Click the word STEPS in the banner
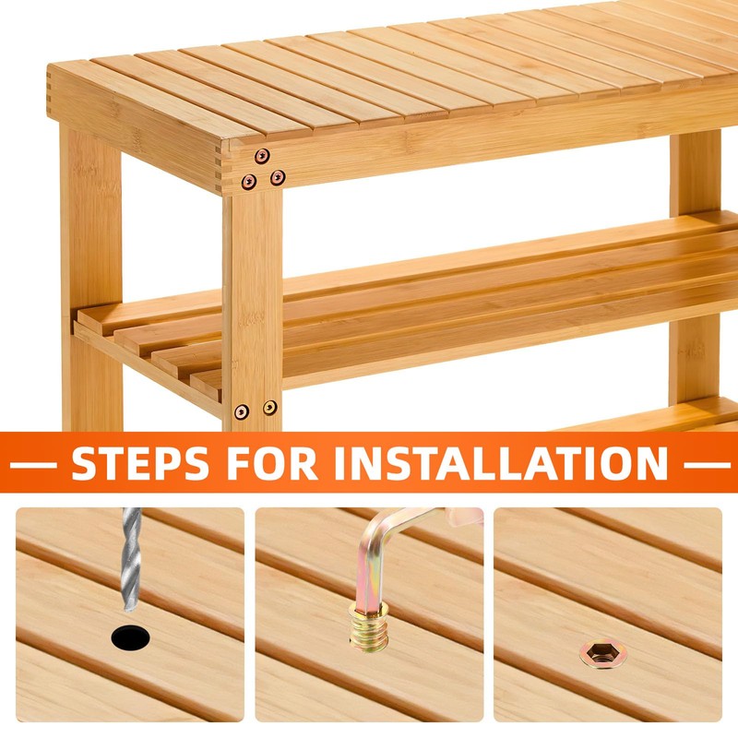point(140,463)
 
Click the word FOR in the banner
point(272,463)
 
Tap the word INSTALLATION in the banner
point(501,463)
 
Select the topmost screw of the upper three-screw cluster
point(262,156)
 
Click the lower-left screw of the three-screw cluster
point(249,181)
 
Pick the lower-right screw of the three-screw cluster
point(278,177)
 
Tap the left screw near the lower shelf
point(242,411)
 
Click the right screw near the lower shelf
point(270,408)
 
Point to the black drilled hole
point(130,637)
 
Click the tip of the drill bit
point(128,610)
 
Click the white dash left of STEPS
point(33,465)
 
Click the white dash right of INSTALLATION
point(707,465)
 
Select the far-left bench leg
point(90,278)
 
